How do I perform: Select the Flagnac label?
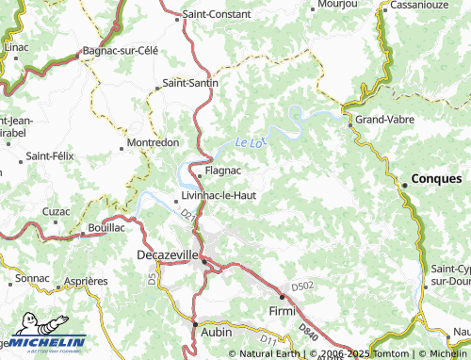tap(223, 172)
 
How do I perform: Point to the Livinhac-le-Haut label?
tap(219, 196)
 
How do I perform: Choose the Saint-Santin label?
tap(190, 83)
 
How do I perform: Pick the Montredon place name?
tap(153, 143)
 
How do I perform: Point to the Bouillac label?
tap(106, 228)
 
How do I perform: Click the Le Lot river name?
tap(249, 142)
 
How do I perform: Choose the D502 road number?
tap(301, 286)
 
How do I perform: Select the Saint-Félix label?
tap(50, 155)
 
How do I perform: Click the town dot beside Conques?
tap(405, 186)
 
